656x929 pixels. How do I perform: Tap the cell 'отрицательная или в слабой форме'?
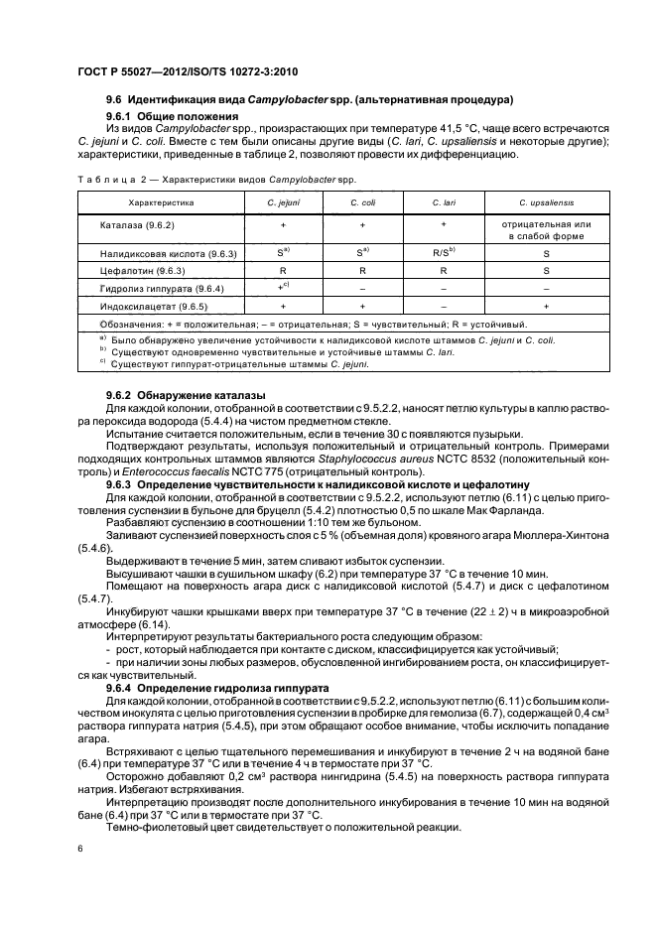(546, 231)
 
